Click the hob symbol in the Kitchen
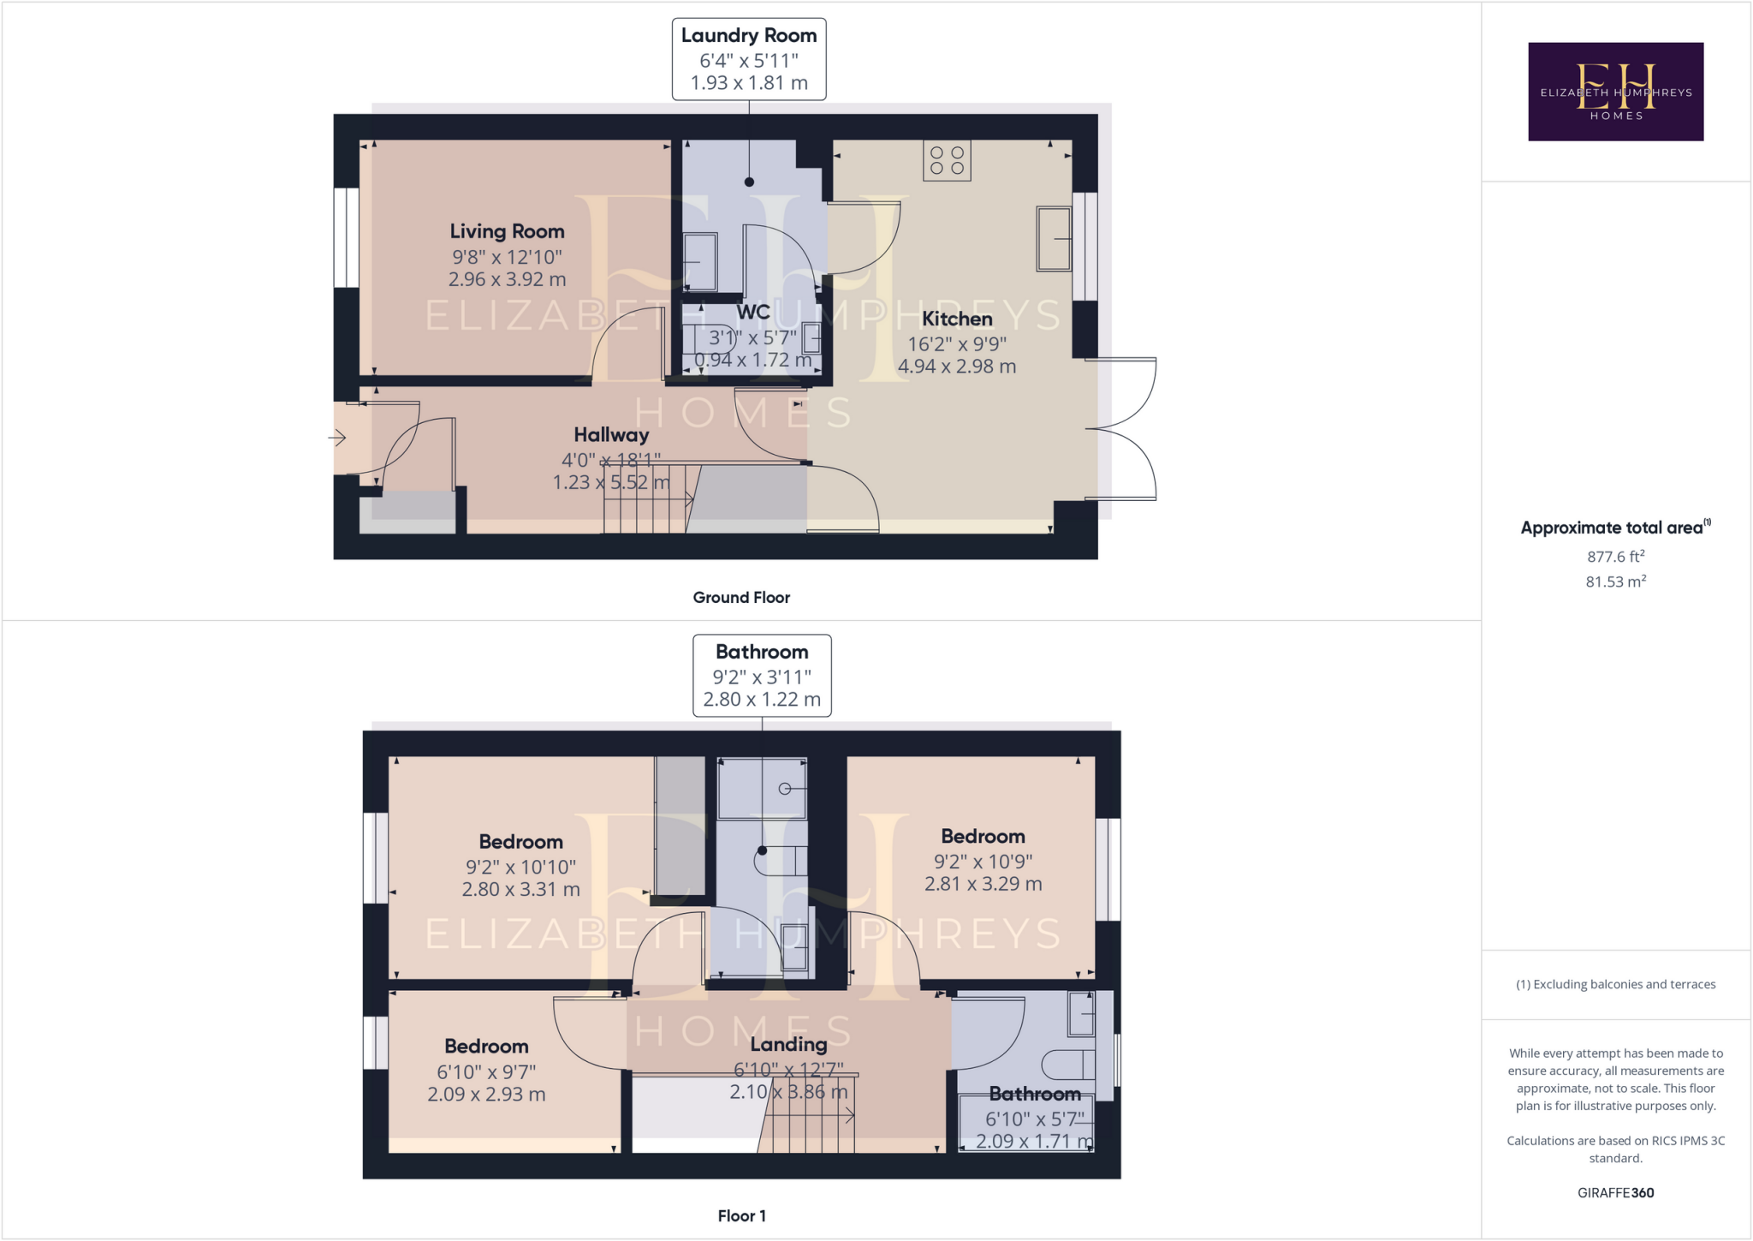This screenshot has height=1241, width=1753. (947, 160)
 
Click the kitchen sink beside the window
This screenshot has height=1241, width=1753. (1054, 239)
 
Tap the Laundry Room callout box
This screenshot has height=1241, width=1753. (749, 59)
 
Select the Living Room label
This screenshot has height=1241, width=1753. (507, 231)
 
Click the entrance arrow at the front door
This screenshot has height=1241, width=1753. (337, 438)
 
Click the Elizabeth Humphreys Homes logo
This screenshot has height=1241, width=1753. (1615, 92)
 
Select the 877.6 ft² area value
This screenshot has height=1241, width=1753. (1615, 557)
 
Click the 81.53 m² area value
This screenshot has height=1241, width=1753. (1615, 582)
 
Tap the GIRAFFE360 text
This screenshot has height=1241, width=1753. (1615, 1192)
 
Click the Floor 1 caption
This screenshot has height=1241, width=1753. (741, 1215)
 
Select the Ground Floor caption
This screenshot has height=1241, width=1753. (741, 597)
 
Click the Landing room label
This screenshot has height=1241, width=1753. (788, 1044)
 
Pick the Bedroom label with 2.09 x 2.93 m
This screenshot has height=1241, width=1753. (486, 1046)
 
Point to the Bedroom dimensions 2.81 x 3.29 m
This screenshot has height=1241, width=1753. (983, 884)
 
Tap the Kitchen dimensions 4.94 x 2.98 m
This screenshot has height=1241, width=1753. (957, 367)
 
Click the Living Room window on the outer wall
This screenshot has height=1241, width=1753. (347, 237)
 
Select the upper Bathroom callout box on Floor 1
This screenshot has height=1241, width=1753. (762, 675)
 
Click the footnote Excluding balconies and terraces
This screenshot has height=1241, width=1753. (1615, 984)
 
